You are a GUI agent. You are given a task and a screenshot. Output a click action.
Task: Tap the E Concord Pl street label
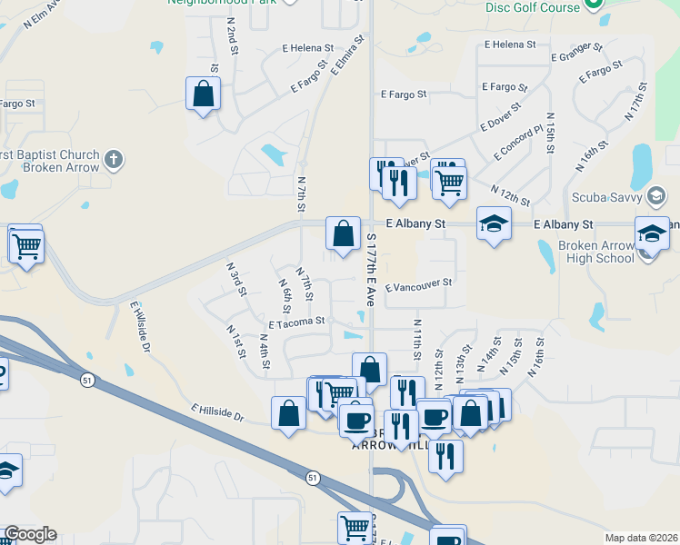coord(518,143)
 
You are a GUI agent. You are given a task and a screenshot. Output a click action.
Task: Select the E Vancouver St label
coord(419,287)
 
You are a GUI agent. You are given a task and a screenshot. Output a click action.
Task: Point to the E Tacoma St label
coord(296,322)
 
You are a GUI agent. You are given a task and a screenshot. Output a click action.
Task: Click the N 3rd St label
coord(236,279)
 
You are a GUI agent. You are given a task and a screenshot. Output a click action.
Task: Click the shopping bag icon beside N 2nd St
coord(203,94)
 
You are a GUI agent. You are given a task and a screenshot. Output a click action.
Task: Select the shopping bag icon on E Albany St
coord(343,234)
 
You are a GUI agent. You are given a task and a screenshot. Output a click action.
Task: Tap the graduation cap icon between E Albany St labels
coord(494,224)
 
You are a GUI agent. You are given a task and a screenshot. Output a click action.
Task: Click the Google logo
coord(30,534)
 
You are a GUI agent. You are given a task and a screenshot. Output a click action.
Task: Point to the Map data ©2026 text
coord(640,538)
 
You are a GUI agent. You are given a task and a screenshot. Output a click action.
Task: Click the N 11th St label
coord(417,336)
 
